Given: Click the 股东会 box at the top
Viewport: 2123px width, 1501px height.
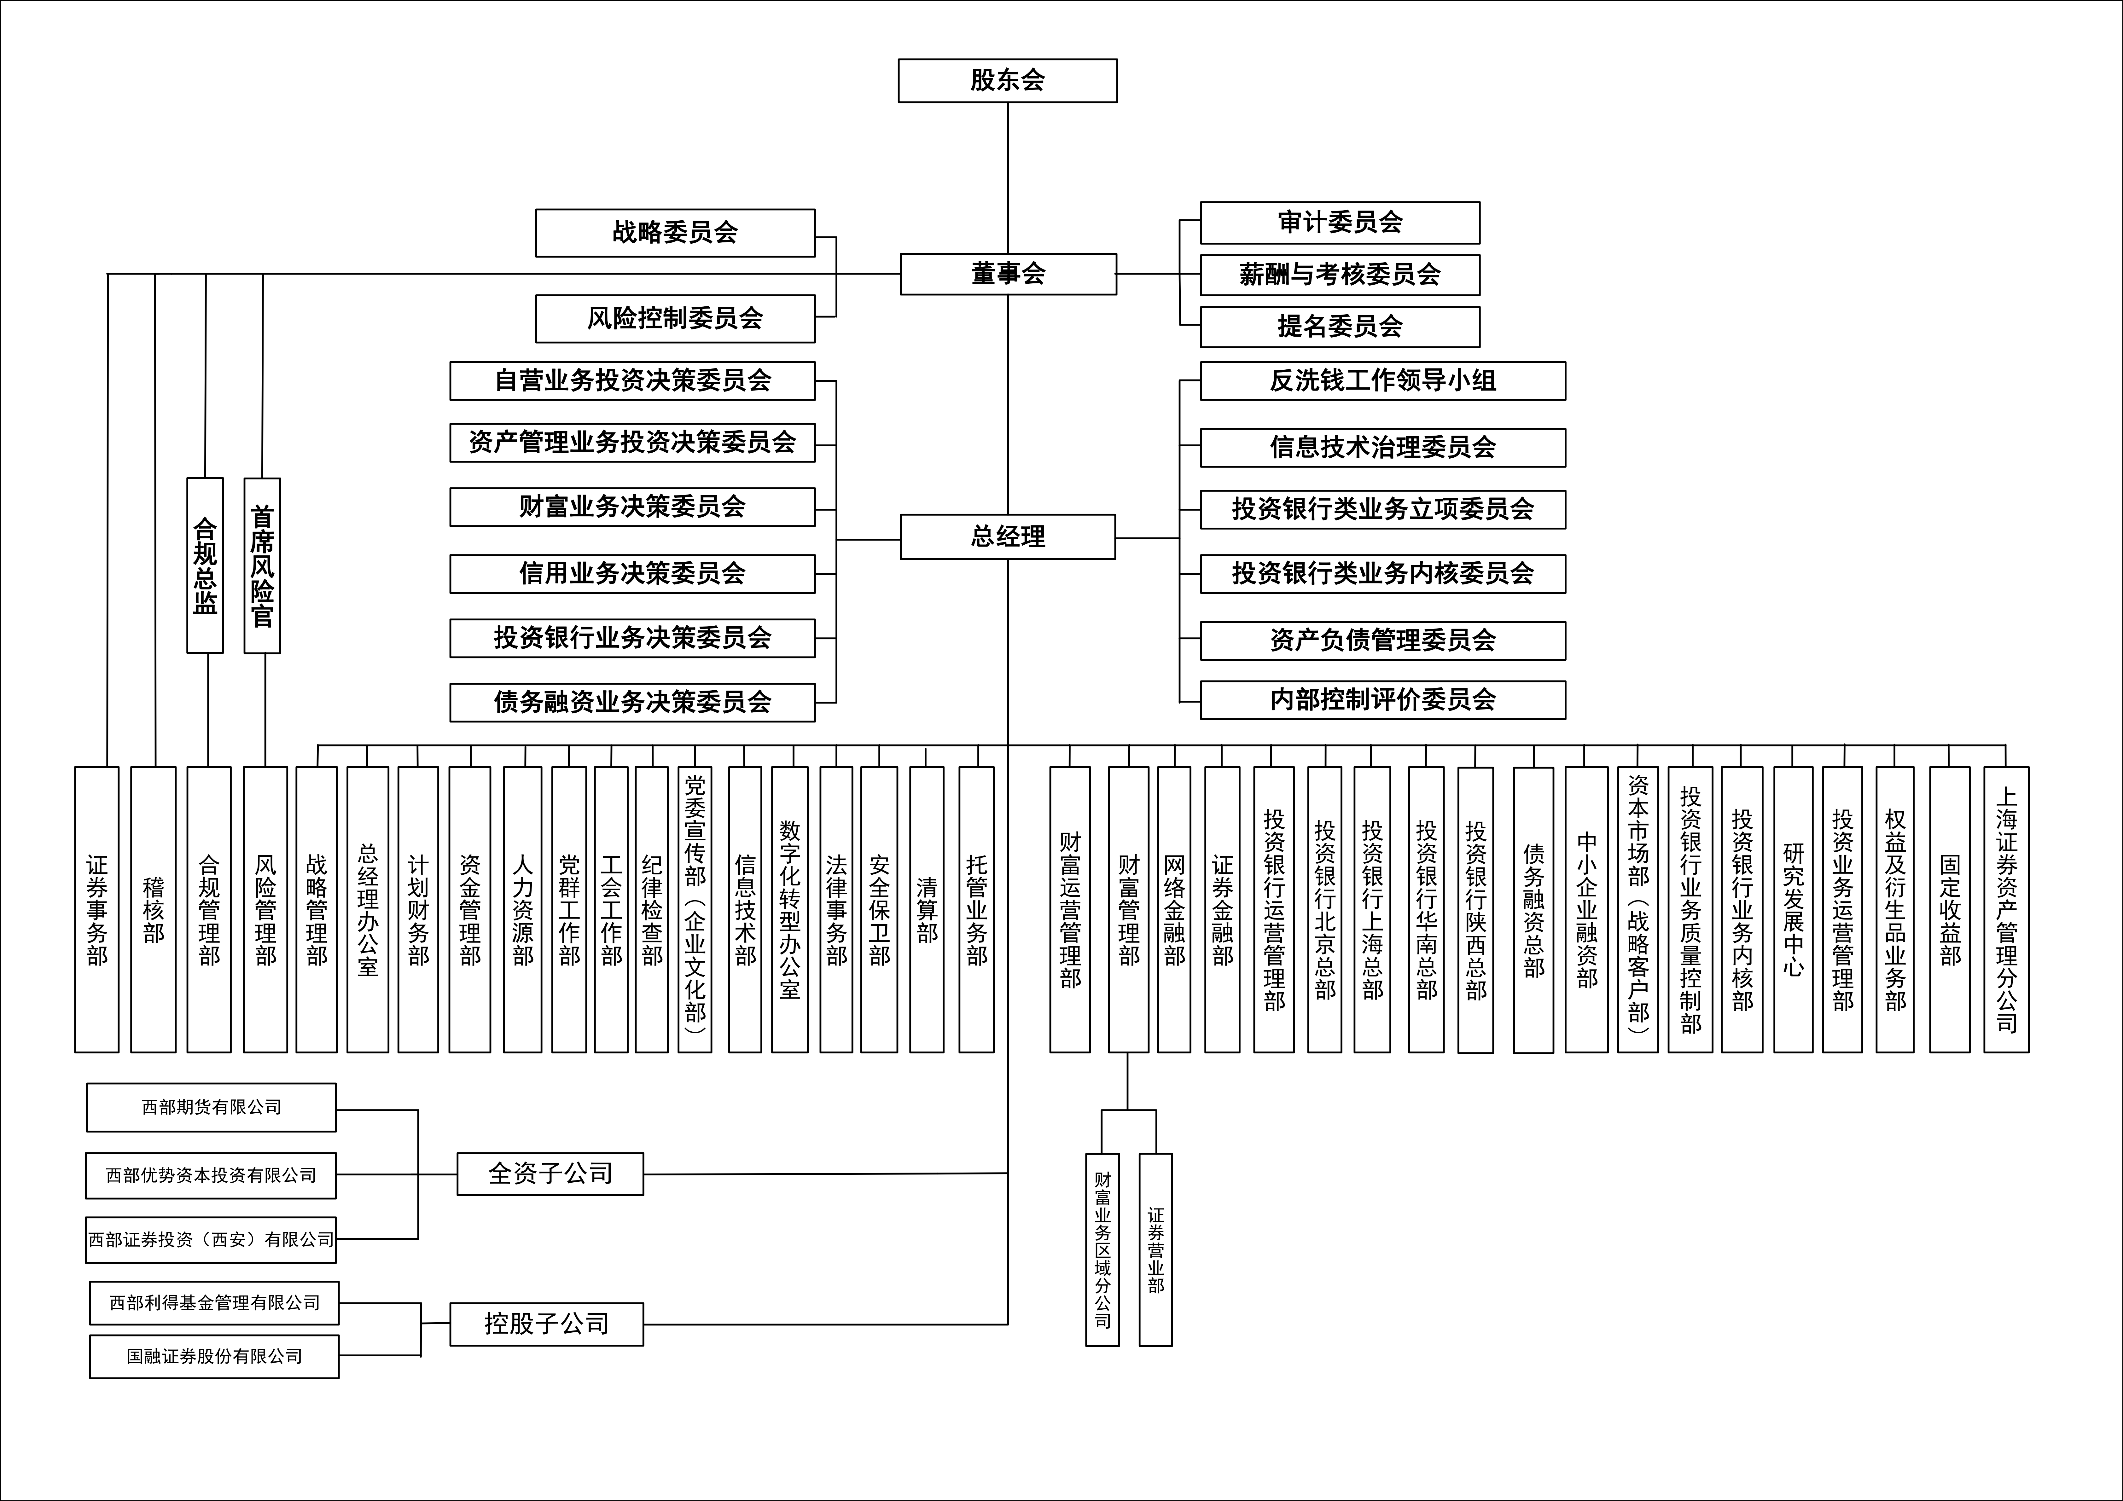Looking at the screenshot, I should click(x=1007, y=80).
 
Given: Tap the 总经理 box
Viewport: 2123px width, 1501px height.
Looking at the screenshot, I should click(x=1007, y=536).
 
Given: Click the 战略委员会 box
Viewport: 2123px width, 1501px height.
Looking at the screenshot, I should click(x=675, y=232).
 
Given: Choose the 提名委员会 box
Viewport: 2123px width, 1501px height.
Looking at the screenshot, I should click(x=1339, y=326).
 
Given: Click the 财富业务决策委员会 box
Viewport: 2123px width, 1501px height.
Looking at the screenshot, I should click(x=631, y=507).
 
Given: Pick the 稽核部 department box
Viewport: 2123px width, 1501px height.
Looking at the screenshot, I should click(x=154, y=909).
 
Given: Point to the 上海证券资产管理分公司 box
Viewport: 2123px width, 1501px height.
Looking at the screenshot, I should click(x=2006, y=909).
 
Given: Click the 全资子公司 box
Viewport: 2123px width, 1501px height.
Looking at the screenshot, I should click(x=550, y=1174).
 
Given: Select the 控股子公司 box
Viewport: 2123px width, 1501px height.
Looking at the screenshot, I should click(x=546, y=1324).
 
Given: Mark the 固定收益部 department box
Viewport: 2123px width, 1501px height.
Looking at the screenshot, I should click(x=1949, y=909).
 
